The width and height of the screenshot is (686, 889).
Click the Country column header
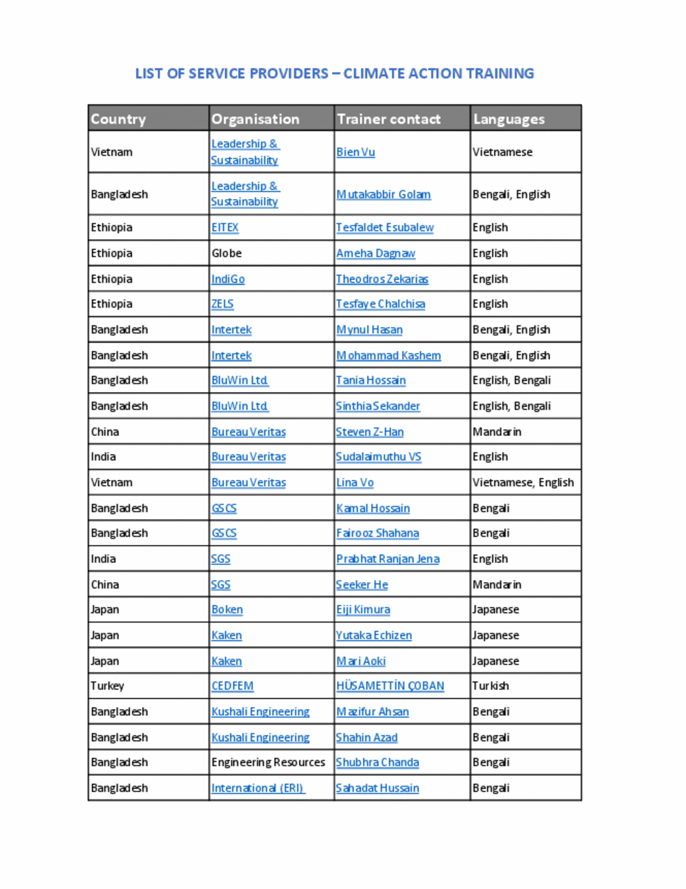click(118, 119)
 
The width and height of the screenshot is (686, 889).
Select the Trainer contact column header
click(388, 119)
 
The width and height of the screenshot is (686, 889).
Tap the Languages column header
click(508, 119)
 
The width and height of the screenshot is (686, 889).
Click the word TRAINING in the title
click(500, 73)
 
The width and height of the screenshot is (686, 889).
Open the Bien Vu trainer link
click(355, 152)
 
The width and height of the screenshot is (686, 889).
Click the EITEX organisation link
click(224, 228)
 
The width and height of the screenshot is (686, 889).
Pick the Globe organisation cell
click(226, 253)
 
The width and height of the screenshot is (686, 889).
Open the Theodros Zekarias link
click(381, 279)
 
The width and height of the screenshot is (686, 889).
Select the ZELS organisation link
click(222, 304)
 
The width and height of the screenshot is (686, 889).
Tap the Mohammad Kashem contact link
click(388, 356)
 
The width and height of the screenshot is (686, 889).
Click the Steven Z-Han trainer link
click(369, 432)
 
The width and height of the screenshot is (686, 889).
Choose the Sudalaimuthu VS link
click(378, 457)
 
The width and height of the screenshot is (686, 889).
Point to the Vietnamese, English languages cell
click(523, 483)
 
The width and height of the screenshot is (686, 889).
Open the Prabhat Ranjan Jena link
click(388, 559)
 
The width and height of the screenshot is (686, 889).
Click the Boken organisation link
click(227, 610)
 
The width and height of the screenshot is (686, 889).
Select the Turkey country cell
click(108, 686)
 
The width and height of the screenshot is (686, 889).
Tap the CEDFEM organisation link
click(233, 686)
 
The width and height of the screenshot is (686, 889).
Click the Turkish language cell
click(490, 686)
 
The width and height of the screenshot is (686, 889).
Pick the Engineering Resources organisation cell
click(268, 763)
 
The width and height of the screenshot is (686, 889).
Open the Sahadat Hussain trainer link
click(377, 788)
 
